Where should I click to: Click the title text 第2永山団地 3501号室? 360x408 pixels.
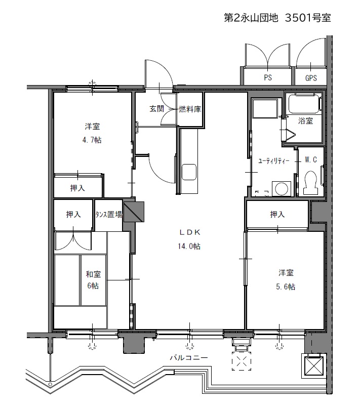277,18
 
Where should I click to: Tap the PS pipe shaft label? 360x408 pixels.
268,77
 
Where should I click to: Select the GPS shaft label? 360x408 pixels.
311,78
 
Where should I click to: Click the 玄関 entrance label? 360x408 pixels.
156,108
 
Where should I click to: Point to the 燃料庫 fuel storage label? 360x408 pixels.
190,109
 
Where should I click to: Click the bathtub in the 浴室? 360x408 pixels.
304,104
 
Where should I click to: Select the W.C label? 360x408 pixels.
311,159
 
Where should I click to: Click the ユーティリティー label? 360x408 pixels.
273,161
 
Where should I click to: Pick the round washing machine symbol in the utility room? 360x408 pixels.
282,188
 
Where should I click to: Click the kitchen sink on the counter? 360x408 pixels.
189,172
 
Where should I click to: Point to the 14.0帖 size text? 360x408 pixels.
189,246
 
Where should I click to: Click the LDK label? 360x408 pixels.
189,232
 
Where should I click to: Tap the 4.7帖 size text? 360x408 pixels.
92,140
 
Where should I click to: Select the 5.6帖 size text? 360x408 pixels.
286,287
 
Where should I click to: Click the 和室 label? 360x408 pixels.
93,274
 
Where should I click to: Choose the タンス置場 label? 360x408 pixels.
109,215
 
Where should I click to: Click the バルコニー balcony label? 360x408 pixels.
189,357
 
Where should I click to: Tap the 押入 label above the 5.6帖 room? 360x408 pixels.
277,215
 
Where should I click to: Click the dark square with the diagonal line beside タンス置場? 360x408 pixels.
134,212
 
